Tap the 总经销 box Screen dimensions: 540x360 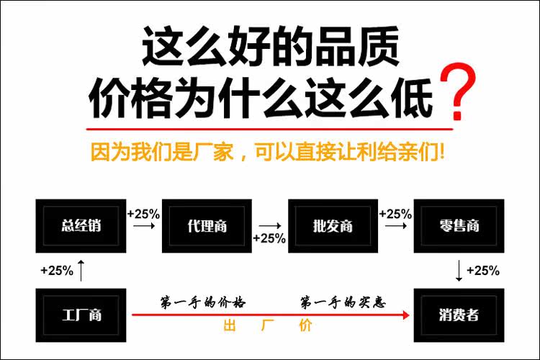click(81, 225)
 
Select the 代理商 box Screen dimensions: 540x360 click(207, 225)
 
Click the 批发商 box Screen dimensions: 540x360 click(333, 225)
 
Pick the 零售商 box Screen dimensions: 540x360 click(459, 225)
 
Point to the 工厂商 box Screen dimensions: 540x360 click(81, 315)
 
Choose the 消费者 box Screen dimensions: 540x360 click(459, 315)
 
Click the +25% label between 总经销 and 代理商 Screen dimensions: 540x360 click(143, 214)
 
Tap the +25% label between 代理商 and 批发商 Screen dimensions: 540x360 click(270, 238)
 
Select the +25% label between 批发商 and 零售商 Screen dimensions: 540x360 click(395, 214)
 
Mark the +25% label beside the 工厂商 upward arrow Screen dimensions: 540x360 click(57, 271)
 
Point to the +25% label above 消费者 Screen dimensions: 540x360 click(482, 271)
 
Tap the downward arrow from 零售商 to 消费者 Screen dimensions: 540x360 click(459, 270)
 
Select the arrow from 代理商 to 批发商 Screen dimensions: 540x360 click(269, 225)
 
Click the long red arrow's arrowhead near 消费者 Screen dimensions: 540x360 click(406, 315)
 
